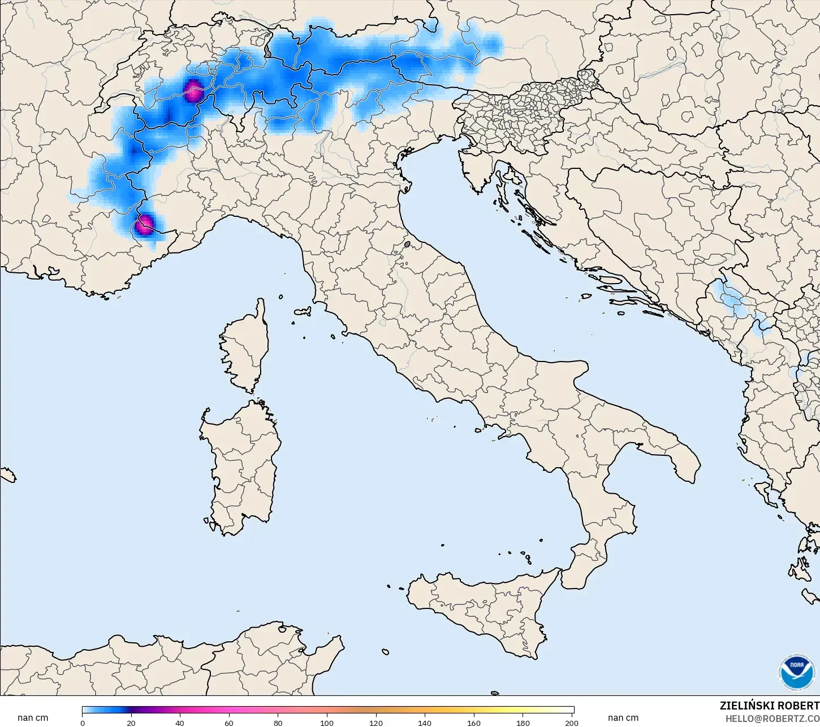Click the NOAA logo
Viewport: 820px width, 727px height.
click(x=797, y=672)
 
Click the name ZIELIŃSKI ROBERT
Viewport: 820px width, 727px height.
click(x=769, y=706)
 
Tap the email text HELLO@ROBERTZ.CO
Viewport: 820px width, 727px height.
click(x=772, y=719)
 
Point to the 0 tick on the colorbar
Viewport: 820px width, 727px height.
click(x=83, y=722)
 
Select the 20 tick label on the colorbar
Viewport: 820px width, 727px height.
click(x=131, y=722)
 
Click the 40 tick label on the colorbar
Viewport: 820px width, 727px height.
click(x=180, y=722)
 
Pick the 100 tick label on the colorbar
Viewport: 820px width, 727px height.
click(x=327, y=722)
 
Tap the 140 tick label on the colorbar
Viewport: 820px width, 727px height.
click(x=425, y=722)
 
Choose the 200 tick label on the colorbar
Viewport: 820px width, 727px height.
click(x=571, y=722)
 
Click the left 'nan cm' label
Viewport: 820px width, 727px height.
click(x=33, y=718)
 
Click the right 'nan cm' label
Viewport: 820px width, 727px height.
click(x=623, y=718)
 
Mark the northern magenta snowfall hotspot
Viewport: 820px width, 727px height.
click(x=193, y=90)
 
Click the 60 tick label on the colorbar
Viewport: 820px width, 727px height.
click(x=229, y=722)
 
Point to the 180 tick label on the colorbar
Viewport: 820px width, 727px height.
click(x=523, y=722)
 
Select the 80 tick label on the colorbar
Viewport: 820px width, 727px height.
click(x=278, y=722)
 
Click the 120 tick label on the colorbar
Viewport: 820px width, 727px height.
click(x=376, y=722)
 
